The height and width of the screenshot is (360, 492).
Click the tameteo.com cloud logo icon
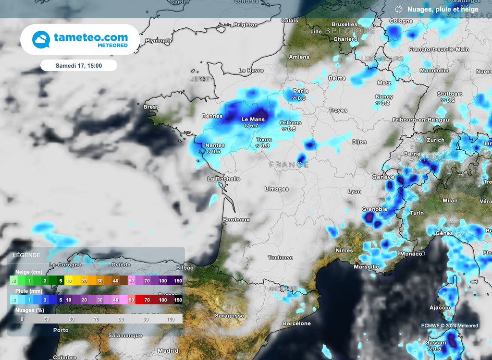41,40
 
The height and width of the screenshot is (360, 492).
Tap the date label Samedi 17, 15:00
79,65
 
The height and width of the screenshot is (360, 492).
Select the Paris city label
301,91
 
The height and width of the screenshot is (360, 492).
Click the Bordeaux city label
236,220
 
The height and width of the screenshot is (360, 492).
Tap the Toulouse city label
280,258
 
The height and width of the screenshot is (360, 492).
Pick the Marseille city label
366,267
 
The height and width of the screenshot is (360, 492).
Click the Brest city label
151,107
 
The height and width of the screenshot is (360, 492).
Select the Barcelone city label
296,324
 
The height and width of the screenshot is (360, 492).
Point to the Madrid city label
168,351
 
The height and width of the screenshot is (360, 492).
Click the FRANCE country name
289,165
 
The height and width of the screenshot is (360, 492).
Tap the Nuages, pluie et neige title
443,9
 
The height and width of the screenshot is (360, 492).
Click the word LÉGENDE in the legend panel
27,255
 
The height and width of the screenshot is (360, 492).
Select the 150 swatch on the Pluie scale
178,300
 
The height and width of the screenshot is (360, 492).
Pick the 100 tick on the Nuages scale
171,319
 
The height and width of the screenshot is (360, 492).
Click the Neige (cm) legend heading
28,272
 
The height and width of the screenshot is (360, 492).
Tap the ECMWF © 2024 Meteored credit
450,326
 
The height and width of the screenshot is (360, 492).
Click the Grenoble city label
374,209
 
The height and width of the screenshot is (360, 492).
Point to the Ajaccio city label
440,308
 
